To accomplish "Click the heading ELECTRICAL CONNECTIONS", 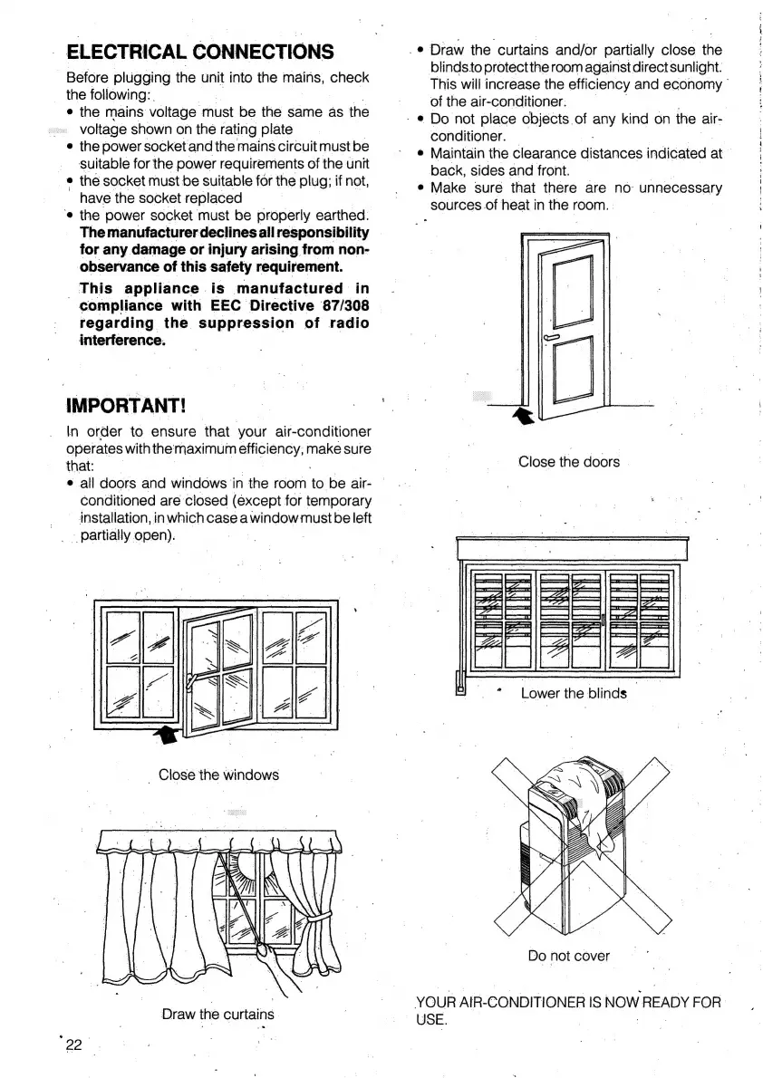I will click(x=200, y=51).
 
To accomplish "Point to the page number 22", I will click(x=73, y=1044).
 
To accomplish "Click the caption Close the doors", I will click(x=568, y=462).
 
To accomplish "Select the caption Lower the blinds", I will click(x=573, y=694).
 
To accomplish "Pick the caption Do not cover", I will click(x=568, y=956).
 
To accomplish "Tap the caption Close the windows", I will click(x=218, y=775).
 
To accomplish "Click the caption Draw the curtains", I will click(x=217, y=1014).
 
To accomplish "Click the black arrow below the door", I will click(x=523, y=415).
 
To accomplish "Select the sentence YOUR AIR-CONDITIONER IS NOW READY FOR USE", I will click(x=568, y=1010).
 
